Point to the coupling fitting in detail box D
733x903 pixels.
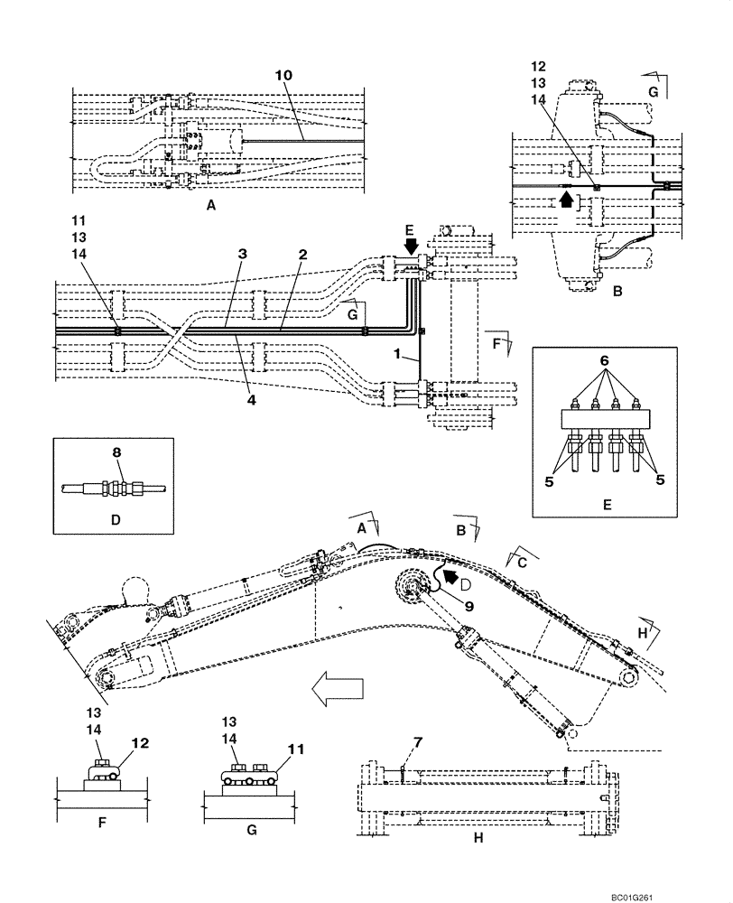(x=116, y=489)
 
